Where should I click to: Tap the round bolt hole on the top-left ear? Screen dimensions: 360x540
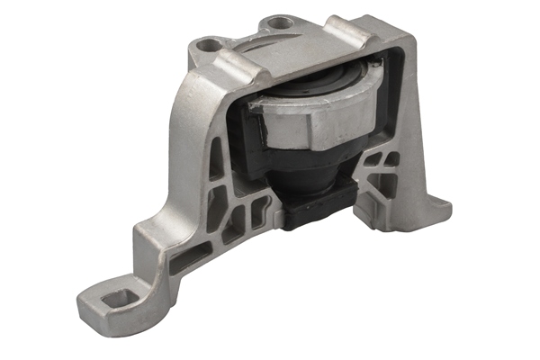211,43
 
